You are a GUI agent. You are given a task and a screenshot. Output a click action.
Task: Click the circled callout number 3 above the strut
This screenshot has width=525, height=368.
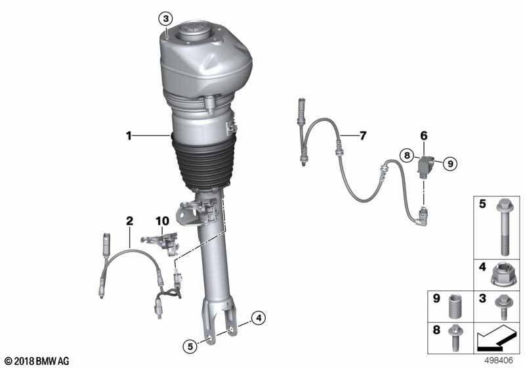166,19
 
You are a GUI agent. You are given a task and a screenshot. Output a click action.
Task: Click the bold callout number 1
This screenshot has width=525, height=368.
129,136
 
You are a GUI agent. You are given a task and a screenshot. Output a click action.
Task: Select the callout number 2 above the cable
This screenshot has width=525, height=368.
129,221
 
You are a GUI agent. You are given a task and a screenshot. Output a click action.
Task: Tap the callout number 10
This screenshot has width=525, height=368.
162,221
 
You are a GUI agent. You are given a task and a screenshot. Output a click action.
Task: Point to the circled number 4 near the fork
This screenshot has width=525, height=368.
259,318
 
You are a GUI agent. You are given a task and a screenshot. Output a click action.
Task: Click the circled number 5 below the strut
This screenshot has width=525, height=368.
190,346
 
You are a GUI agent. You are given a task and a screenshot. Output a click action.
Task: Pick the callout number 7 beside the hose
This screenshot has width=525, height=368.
363,136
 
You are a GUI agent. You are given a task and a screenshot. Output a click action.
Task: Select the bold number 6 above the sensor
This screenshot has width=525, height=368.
424,136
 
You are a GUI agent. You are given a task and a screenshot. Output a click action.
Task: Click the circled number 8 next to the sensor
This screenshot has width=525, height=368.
407,156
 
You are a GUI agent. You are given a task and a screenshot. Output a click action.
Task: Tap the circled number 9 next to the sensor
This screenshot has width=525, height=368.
450,164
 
